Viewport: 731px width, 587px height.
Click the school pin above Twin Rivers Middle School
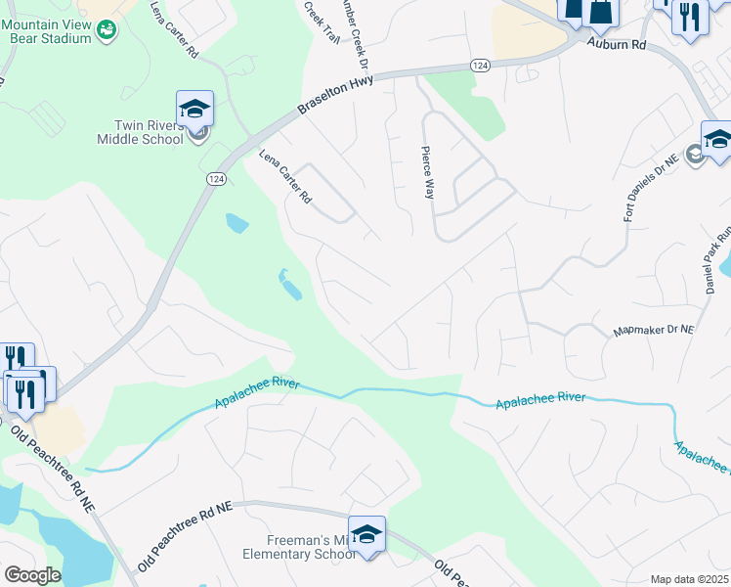pyautogui.click(x=194, y=109)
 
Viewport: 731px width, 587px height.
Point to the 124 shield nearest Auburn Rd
pyautogui.click(x=479, y=65)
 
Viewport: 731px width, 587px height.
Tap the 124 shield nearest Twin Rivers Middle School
pyautogui.click(x=216, y=179)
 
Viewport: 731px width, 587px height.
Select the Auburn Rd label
pyautogui.click(x=617, y=44)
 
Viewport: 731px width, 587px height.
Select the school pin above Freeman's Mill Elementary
pyautogui.click(x=366, y=534)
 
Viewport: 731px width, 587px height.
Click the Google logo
pyautogui.click(x=32, y=575)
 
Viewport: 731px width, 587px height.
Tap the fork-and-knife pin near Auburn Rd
pyautogui.click(x=690, y=19)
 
